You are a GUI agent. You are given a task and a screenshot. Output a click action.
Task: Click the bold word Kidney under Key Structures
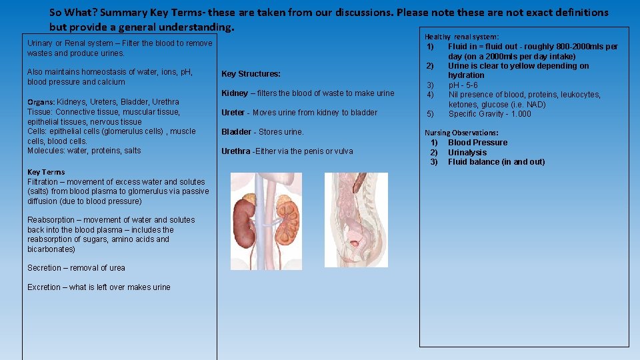pyautogui.click(x=235, y=93)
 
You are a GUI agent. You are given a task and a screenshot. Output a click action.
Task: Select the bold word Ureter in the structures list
pyautogui.click(x=233, y=113)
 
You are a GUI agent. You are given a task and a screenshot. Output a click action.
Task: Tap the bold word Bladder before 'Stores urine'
pyautogui.click(x=236, y=132)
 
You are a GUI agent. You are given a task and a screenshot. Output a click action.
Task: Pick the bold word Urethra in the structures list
pyautogui.click(x=236, y=151)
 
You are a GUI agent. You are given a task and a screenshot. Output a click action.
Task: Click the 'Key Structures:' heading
pyautogui.click(x=251, y=74)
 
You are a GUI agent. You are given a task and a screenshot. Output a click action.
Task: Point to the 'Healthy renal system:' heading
pyautogui.click(x=461, y=37)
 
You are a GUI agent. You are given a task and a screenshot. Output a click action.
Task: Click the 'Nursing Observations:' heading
pyautogui.click(x=461, y=133)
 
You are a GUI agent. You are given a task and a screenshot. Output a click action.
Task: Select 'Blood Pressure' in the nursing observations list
pyautogui.click(x=477, y=143)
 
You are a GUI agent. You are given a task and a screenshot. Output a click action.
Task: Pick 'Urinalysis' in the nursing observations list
pyautogui.click(x=467, y=153)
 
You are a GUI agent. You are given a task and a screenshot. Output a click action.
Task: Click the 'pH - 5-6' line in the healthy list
pyautogui.click(x=463, y=85)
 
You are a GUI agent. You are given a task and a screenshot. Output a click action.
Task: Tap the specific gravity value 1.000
pyautogui.click(x=520, y=114)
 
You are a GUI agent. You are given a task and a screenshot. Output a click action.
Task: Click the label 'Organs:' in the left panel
pyautogui.click(x=41, y=102)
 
